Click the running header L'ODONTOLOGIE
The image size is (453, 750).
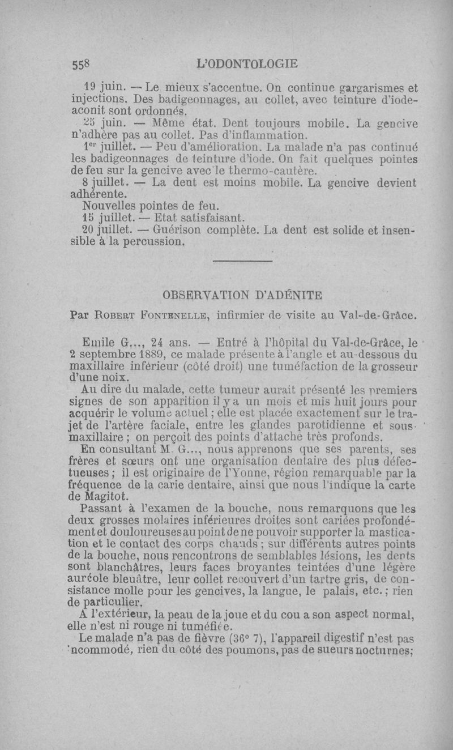click(x=246, y=63)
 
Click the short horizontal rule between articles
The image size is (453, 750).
click(x=242, y=261)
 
